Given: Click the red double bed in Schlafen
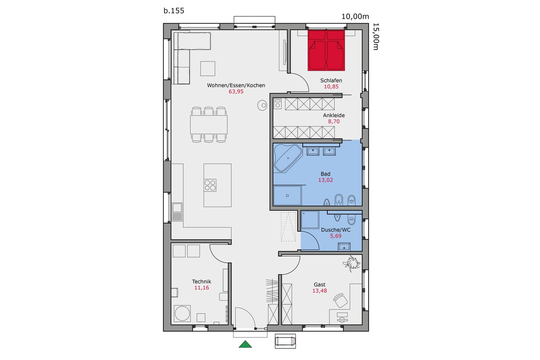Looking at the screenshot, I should pos(326,50).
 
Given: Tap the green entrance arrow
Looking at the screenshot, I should pos(245,345).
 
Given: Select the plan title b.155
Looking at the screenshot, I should pos(174,11).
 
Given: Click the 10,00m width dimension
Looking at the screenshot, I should pos(355,17).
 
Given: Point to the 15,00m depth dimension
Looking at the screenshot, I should pos(375,36).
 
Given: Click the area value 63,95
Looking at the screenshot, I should pos(236,92).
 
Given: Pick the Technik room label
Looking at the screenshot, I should pos(202,282).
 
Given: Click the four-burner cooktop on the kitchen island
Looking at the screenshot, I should pos(210,185).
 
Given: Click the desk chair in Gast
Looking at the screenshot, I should pos(341,301).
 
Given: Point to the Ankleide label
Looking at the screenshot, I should pos(334,115).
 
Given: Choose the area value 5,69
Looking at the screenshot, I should pos(336,236).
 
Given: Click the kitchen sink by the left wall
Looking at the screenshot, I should pos(177,208).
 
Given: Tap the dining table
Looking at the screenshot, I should pos(208,125).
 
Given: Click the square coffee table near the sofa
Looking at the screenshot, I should pos(208,68).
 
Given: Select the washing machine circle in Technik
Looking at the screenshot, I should pos(182,313).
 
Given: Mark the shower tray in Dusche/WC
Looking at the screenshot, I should pos(310,219).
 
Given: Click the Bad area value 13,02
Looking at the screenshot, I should pos(325,180).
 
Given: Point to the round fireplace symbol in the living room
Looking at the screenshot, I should pos(262,105).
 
